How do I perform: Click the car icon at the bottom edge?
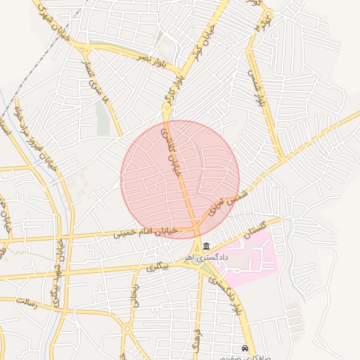tap(245, 349)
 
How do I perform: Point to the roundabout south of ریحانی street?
tap(127, 328)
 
